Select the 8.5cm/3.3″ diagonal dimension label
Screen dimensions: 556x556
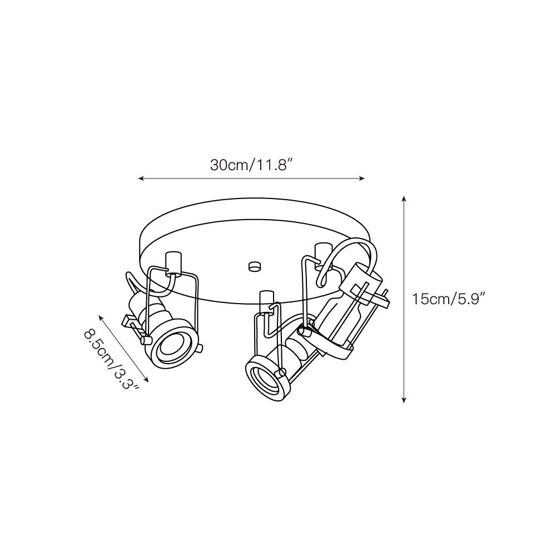tap(111, 359)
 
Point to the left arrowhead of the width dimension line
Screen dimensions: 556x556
tap(141, 178)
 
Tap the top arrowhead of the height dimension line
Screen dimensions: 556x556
tap(404, 198)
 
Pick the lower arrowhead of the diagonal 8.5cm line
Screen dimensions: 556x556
tap(146, 379)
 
